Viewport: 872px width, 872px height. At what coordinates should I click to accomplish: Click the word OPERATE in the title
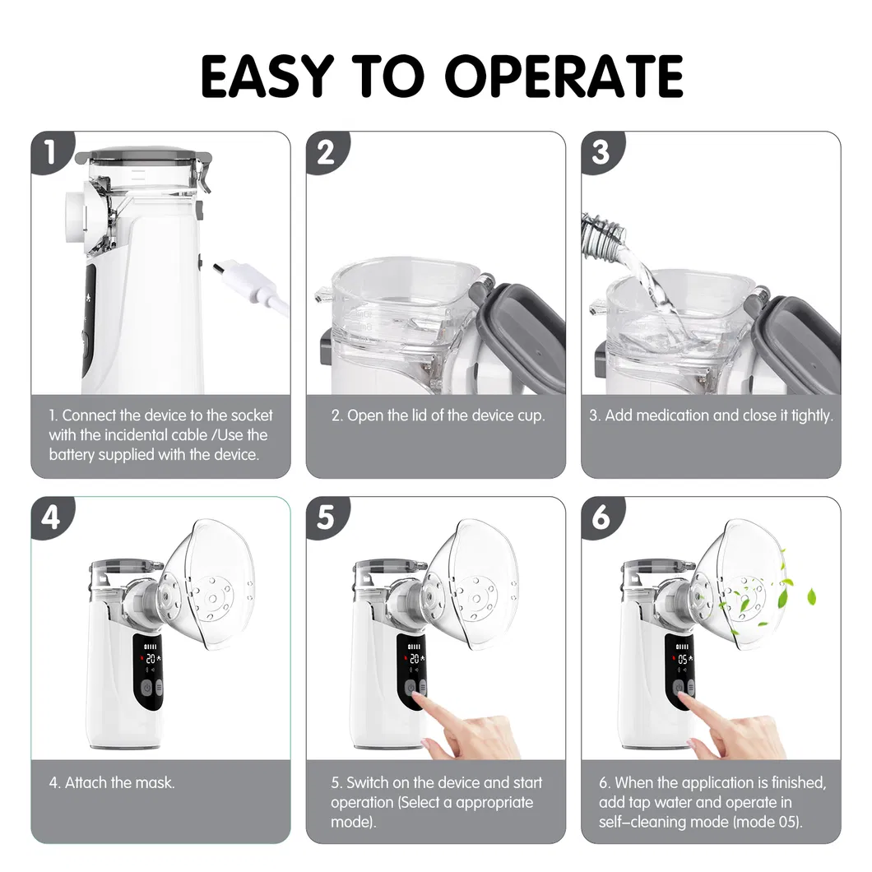click(x=564, y=77)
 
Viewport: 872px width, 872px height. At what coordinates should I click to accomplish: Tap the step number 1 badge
click(x=51, y=151)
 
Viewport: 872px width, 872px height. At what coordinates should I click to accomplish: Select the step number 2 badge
click(x=327, y=151)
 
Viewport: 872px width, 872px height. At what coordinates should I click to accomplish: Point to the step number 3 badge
click(x=601, y=151)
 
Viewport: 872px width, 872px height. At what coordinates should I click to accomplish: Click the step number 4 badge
click(x=51, y=517)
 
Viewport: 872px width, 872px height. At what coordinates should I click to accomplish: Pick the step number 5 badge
click(x=327, y=517)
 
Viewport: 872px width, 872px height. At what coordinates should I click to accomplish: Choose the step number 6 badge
click(x=601, y=517)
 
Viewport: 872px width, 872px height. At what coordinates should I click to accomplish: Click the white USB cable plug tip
click(x=219, y=268)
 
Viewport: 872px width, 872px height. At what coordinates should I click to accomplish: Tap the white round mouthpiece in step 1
click(x=75, y=210)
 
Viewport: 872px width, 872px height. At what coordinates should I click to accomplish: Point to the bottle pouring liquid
click(x=602, y=233)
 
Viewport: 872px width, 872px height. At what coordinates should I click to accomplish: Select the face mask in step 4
click(x=209, y=583)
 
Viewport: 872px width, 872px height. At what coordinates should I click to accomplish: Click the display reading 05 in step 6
click(x=682, y=659)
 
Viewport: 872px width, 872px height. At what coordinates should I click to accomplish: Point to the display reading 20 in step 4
click(x=151, y=659)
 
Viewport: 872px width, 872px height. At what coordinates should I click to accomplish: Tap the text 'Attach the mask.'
click(x=119, y=782)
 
